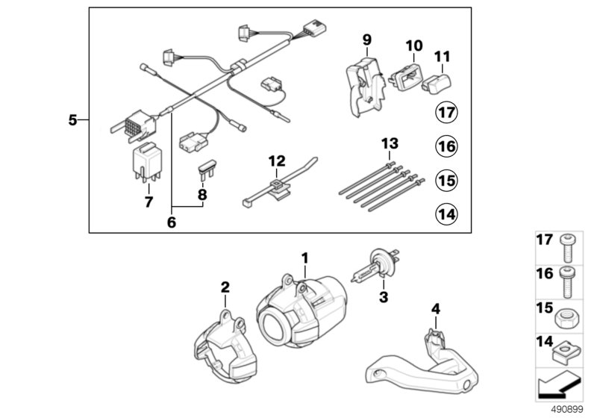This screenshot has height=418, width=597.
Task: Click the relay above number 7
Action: (x=146, y=166)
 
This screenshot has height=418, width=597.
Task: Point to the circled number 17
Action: (x=446, y=114)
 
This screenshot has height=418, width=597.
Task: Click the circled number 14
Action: (x=446, y=214)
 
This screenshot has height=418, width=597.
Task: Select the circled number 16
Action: (x=446, y=147)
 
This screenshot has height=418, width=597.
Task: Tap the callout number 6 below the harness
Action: (x=171, y=223)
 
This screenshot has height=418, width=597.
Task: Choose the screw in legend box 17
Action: (x=566, y=241)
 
